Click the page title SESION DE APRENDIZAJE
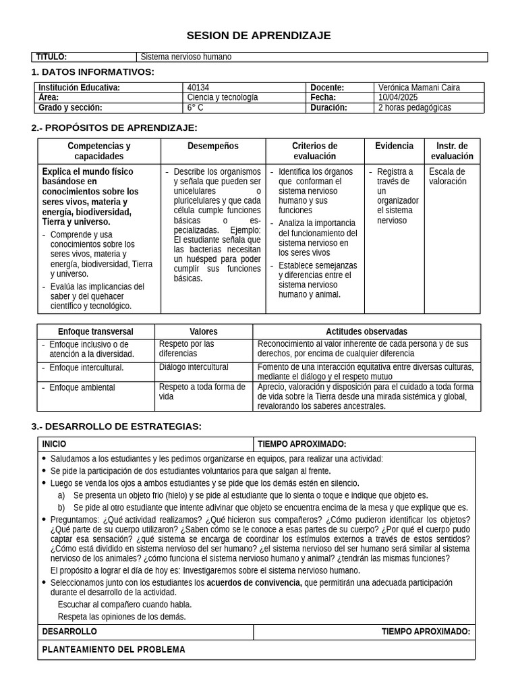click(x=258, y=36)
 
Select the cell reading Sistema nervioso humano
click(x=185, y=57)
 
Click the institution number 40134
click(x=198, y=88)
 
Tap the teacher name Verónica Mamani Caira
click(x=420, y=88)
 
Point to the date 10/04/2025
click(x=399, y=97)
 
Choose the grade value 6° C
click(x=195, y=107)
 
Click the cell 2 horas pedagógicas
click(x=415, y=107)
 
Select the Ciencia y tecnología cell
click(x=222, y=97)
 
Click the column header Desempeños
click(x=212, y=146)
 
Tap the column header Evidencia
click(x=394, y=146)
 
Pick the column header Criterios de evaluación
click(x=314, y=151)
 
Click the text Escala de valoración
click(x=447, y=176)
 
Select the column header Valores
click(x=203, y=332)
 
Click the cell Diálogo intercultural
click(x=194, y=368)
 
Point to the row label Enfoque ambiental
click(x=82, y=388)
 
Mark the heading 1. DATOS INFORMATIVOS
click(x=92, y=72)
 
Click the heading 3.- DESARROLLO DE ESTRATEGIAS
click(x=116, y=426)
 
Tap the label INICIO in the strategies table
click(x=54, y=444)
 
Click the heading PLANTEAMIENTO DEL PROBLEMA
click(x=113, y=650)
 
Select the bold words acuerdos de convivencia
click(x=254, y=583)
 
